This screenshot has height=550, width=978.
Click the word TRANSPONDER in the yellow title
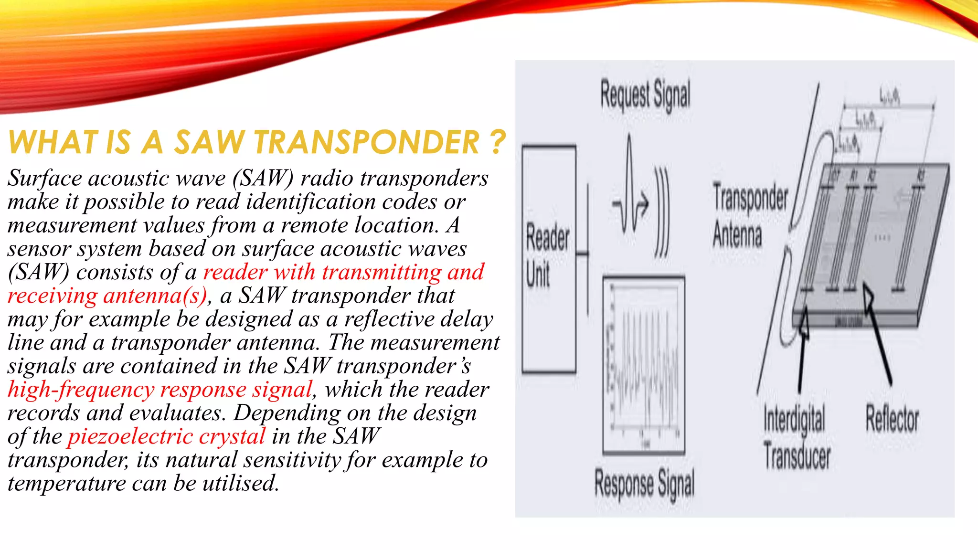pos(366,142)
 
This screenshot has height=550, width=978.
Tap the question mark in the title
pos(497,142)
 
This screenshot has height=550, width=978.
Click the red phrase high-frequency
pos(81,390)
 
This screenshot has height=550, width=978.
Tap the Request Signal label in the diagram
pos(645,95)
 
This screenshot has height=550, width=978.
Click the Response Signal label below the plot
pos(644,484)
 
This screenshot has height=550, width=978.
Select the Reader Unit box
pos(549,259)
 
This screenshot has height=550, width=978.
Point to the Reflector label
pos(892,420)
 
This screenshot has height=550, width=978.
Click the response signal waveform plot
pos(643,365)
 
